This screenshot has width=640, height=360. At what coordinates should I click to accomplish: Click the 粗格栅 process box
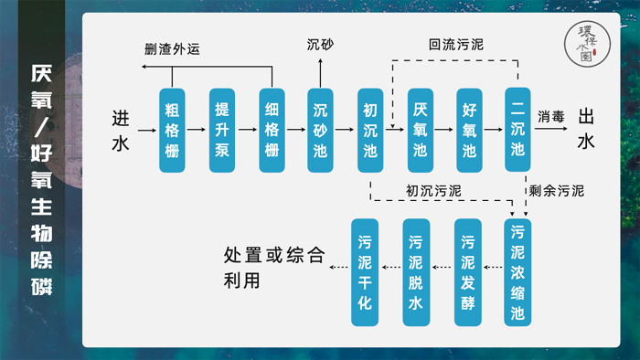tap(172, 130)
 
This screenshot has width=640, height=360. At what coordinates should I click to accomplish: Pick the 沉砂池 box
tap(320, 130)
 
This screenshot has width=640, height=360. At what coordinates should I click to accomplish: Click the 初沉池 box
tap(370, 130)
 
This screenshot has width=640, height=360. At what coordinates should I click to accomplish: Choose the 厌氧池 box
tap(420, 130)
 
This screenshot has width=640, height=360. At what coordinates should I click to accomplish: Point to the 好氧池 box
tap(469, 130)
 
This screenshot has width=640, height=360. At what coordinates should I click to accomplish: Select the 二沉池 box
tap(517, 130)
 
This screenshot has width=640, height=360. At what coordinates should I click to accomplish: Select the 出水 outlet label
tap(586, 130)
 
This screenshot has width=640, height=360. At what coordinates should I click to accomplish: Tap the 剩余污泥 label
tap(555, 192)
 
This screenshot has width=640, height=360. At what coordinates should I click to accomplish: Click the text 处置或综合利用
tap(273, 267)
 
